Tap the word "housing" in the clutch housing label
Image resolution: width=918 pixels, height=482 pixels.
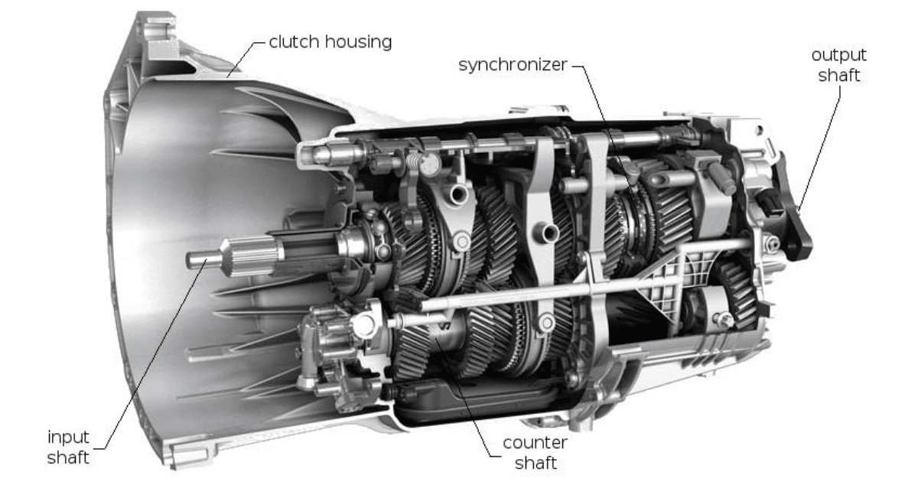pos(356,42)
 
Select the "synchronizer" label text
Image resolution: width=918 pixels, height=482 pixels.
pos(513,64)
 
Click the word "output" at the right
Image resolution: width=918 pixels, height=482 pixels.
pos(838,56)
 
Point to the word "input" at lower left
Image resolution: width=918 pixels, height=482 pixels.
pos(69,438)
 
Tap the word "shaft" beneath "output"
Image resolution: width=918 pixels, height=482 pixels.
pos(838,75)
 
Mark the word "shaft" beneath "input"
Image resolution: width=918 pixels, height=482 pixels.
pos(69,458)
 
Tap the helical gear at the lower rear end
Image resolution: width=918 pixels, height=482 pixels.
pos(737,295)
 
